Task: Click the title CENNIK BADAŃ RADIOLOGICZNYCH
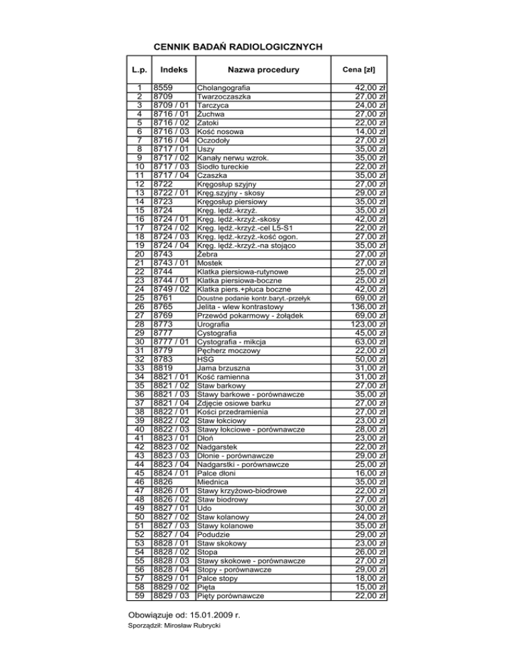(238, 47)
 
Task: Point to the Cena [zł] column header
(359, 70)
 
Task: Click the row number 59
(138, 595)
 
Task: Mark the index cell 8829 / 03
(172, 595)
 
